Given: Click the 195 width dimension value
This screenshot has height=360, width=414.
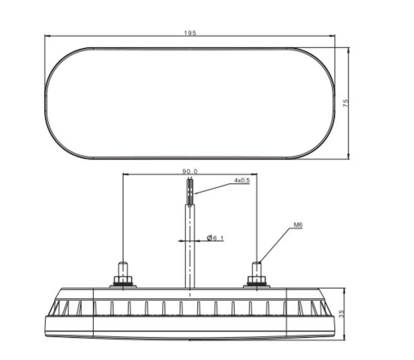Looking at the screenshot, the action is pyautogui.click(x=190, y=33).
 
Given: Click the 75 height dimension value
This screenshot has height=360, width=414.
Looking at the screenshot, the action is pyautogui.click(x=346, y=103).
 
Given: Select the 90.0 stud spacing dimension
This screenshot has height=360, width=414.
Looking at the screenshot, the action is pyautogui.click(x=190, y=171).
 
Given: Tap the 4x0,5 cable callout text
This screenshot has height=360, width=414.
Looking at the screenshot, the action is pyautogui.click(x=242, y=180).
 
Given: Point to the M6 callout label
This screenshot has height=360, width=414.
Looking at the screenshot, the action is pyautogui.click(x=298, y=225).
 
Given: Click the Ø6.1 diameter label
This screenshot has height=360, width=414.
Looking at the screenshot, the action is pyautogui.click(x=215, y=238).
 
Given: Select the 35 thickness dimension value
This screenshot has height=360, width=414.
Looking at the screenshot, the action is pyautogui.click(x=341, y=314).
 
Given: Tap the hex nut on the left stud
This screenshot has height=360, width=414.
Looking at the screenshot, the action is pyautogui.click(x=123, y=280).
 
